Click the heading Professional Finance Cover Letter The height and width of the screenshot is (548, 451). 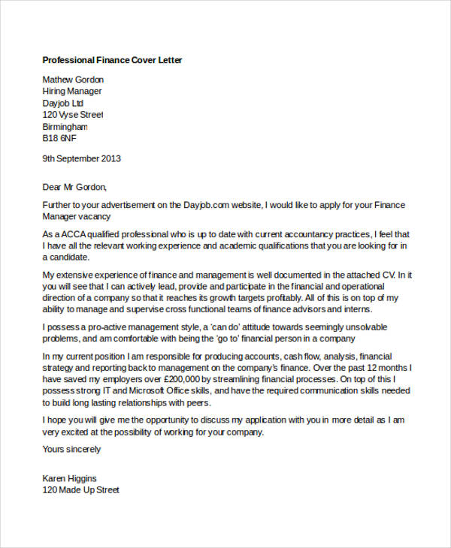112,59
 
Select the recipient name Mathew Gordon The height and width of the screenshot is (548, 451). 73,80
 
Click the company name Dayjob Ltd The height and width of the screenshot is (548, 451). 63,103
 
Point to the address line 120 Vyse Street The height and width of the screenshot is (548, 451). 72,115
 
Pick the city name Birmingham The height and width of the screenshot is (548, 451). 65,127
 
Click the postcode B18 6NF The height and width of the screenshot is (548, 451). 59,139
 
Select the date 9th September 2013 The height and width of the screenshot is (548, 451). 81,158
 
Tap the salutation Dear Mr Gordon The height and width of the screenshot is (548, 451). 74,187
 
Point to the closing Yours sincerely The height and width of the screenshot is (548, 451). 71,450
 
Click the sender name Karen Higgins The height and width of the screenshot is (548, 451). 69,478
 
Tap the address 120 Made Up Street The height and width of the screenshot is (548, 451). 81,489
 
